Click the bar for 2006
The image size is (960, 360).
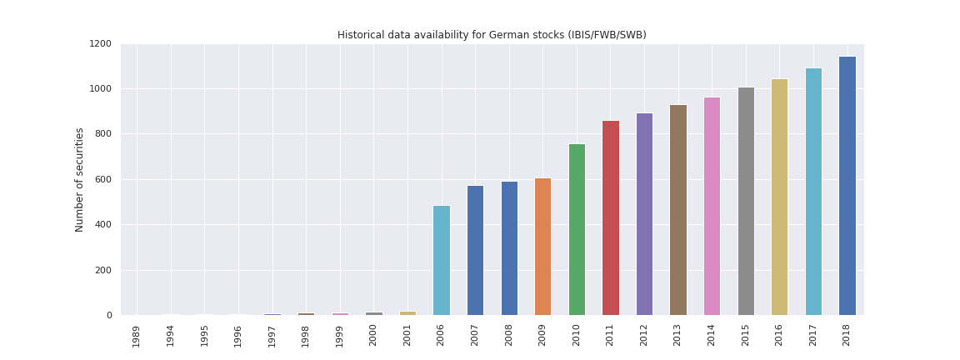(441, 260)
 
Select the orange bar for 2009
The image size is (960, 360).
(542, 247)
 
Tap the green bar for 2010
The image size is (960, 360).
(577, 229)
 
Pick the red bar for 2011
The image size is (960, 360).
(610, 217)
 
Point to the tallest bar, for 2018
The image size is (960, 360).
(847, 186)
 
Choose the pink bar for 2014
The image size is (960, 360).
(712, 206)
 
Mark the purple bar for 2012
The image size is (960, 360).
(644, 214)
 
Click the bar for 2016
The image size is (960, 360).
(779, 197)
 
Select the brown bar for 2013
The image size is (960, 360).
(677, 210)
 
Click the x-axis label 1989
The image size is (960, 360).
(137, 336)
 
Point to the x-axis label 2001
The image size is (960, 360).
(407, 336)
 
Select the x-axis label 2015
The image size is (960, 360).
(745, 336)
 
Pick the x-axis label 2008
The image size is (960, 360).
(508, 336)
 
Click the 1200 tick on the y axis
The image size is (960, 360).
(100, 44)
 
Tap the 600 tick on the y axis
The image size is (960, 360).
(102, 180)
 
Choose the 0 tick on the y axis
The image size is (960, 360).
(110, 316)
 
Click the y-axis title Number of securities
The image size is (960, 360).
(80, 179)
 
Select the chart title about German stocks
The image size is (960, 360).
(492, 35)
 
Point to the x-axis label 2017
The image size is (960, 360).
(812, 336)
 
